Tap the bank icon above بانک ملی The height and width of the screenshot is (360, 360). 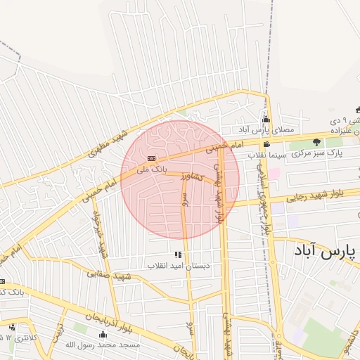pos(152,158)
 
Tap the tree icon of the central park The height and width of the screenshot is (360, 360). pos(316,142)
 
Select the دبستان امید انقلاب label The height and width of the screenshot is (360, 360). pos(179,266)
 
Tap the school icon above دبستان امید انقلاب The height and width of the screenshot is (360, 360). pos(177,255)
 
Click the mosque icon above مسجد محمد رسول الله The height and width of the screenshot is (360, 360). pos(103,334)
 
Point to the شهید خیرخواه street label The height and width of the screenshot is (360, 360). pos(97,233)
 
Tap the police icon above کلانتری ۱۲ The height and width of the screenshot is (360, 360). pos(12,327)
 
